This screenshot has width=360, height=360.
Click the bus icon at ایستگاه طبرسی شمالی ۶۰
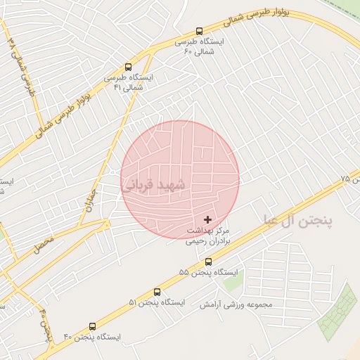click(x=199, y=31)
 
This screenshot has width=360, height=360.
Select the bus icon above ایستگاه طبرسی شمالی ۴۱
click(x=127, y=67)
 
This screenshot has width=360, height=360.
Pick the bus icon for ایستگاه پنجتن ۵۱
click(x=157, y=292)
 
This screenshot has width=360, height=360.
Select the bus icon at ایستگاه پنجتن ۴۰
click(x=92, y=326)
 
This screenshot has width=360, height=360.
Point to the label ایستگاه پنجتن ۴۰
click(x=92, y=337)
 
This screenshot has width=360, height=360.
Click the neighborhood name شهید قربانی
click(x=155, y=185)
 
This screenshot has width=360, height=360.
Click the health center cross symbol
click(x=207, y=220)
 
